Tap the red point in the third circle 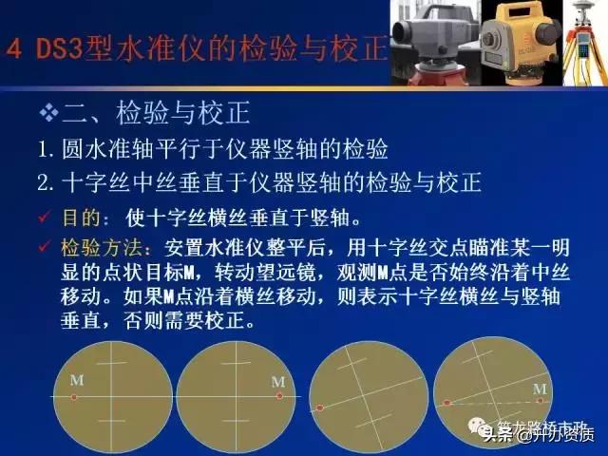tap(321, 408)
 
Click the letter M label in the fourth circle tap(540, 389)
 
